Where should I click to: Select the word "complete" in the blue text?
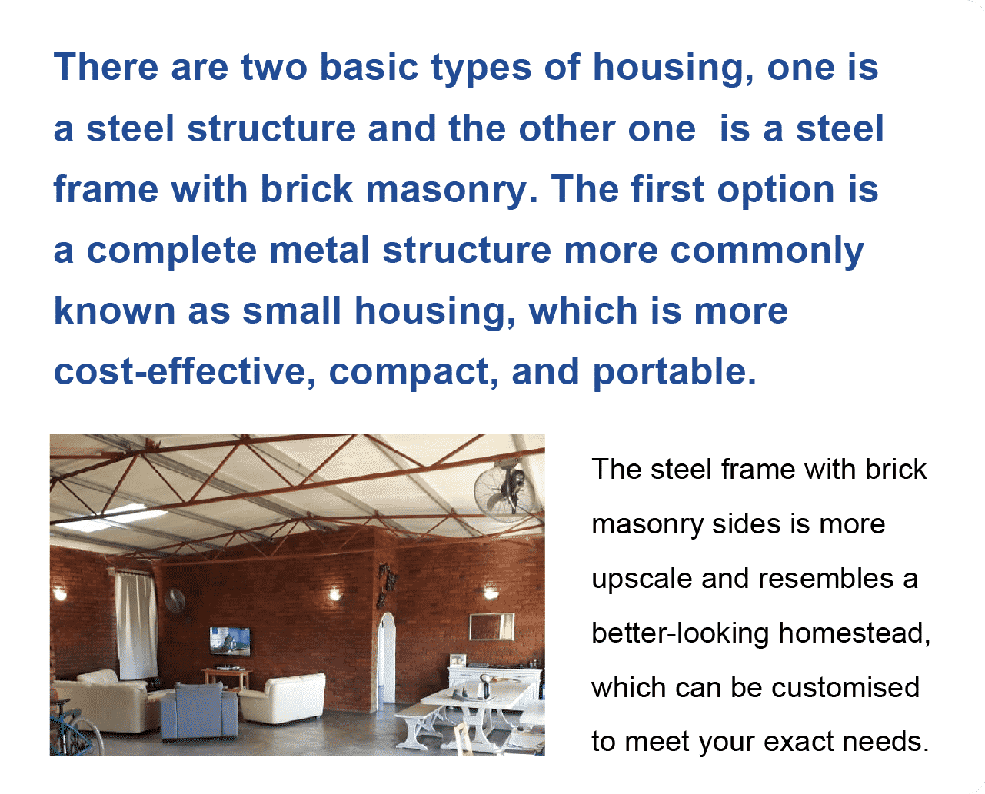(x=171, y=251)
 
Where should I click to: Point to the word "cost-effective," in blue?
(x=185, y=371)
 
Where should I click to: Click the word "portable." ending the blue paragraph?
(x=674, y=372)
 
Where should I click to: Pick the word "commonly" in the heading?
(x=767, y=251)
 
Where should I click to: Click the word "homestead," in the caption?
(x=854, y=634)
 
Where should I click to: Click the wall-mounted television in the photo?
(x=230, y=641)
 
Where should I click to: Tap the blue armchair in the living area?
(x=200, y=711)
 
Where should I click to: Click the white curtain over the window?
(x=135, y=626)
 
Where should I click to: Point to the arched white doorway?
(x=386, y=659)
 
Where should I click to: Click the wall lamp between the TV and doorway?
(x=335, y=594)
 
